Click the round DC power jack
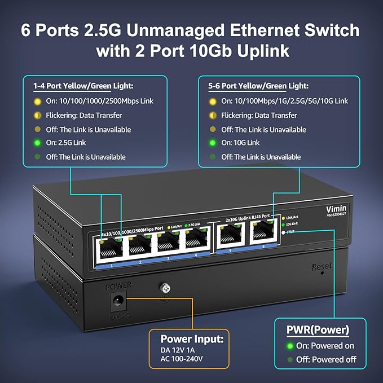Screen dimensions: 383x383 (x=117, y=304)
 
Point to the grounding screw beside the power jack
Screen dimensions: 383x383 (x=165, y=288)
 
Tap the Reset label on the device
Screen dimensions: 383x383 (x=322, y=266)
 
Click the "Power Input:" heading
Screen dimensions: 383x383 (x=192, y=339)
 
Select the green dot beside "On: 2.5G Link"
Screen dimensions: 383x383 (x=38, y=143)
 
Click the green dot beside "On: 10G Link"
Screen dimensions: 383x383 (x=212, y=143)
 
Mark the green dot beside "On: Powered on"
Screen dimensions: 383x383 (x=290, y=346)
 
